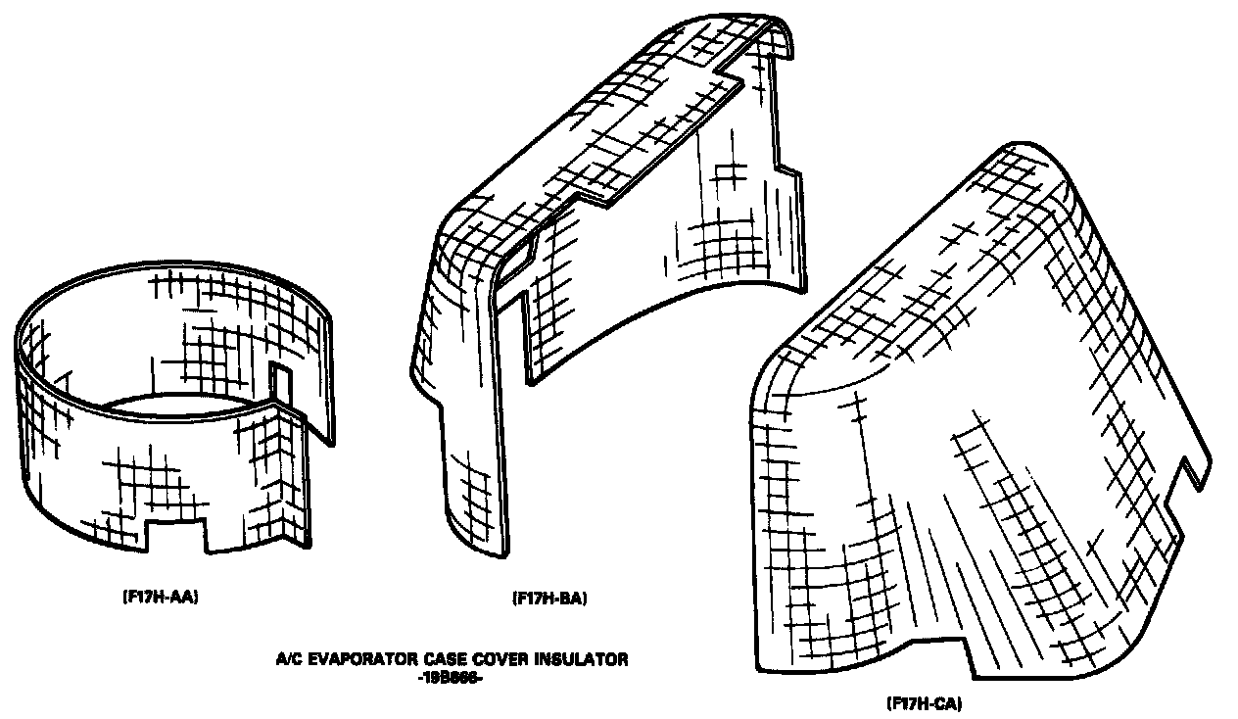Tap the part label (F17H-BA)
[548, 597]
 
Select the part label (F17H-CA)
[929, 702]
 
